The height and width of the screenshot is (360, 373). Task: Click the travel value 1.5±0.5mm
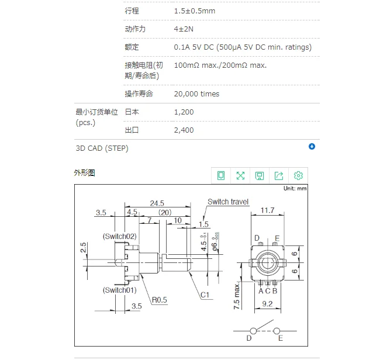pyautogui.click(x=194, y=11)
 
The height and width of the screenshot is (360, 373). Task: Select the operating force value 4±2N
pyautogui.click(x=185, y=29)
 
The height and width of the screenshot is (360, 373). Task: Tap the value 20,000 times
pyautogui.click(x=196, y=94)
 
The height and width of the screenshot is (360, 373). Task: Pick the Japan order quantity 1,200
pyautogui.click(x=184, y=112)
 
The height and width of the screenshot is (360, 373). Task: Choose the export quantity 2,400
pyautogui.click(x=184, y=130)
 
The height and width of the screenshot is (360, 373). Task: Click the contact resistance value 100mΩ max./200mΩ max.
pyautogui.click(x=220, y=65)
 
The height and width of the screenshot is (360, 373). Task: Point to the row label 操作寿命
pyautogui.click(x=139, y=94)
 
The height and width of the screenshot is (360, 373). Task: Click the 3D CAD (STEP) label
pyautogui.click(x=102, y=148)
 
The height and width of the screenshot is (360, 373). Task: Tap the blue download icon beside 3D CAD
pyautogui.click(x=312, y=147)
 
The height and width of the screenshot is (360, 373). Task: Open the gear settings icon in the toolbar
pyautogui.click(x=298, y=175)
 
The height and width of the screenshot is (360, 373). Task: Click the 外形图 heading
pyautogui.click(x=84, y=173)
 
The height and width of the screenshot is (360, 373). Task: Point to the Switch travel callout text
pyautogui.click(x=228, y=202)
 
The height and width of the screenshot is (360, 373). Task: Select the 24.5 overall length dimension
pyautogui.click(x=157, y=203)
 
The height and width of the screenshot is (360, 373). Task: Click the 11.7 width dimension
pyautogui.click(x=267, y=210)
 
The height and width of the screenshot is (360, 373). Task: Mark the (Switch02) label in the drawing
pyautogui.click(x=119, y=236)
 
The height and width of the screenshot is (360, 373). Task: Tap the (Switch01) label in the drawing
pyautogui.click(x=119, y=290)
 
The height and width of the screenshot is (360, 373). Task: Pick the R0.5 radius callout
pyautogui.click(x=160, y=300)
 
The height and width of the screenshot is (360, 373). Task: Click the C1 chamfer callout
pyautogui.click(x=205, y=295)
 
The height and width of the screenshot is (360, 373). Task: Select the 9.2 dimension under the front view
pyautogui.click(x=267, y=304)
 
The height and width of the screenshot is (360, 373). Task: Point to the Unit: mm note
pyautogui.click(x=295, y=189)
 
